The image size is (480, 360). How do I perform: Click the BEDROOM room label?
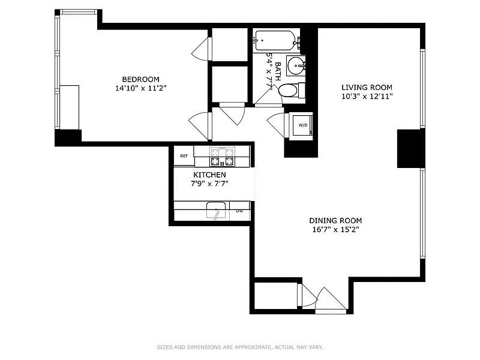pyautogui.click(x=140, y=79)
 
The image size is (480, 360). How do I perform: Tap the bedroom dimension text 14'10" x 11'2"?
pyautogui.click(x=140, y=88)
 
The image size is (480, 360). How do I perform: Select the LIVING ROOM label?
pyautogui.click(x=367, y=87)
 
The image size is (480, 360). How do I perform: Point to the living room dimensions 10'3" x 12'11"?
pyautogui.click(x=367, y=96)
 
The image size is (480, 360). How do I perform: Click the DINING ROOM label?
pyautogui.click(x=335, y=220)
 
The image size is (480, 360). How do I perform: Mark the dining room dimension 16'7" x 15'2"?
pyautogui.click(x=335, y=229)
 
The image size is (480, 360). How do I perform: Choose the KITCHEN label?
pyautogui.click(x=209, y=175)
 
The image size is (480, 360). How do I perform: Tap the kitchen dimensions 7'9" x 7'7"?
pyautogui.click(x=209, y=184)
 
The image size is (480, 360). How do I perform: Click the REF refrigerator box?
pyautogui.click(x=184, y=156)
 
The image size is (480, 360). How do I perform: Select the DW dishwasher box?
pyautogui.click(x=239, y=211)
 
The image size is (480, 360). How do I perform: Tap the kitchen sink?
pyautogui.click(x=216, y=211)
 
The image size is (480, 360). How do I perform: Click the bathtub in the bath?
pyautogui.click(x=274, y=41)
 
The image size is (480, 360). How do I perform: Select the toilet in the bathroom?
pyautogui.click(x=289, y=91)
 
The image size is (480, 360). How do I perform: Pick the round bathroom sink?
pyautogui.click(x=295, y=65)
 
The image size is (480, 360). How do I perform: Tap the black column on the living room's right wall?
pyautogui.click(x=410, y=148)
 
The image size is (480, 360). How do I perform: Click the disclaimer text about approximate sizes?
pyautogui.click(x=239, y=347)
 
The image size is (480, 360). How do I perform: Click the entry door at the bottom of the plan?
pyautogui.click(x=329, y=300)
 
